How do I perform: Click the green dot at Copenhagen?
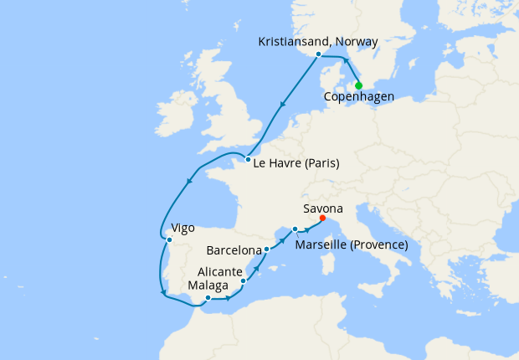pyautogui.click(x=358, y=85)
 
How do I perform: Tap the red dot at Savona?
pyautogui.click(x=323, y=220)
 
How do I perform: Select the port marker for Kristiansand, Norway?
pyautogui.click(x=318, y=54)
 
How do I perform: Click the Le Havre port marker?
pyautogui.click(x=248, y=159)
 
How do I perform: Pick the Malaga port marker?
pyautogui.click(x=208, y=297)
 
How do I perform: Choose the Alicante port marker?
pyautogui.click(x=243, y=281)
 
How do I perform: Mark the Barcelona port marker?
pyautogui.click(x=266, y=249)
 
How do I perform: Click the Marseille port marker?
pyautogui.click(x=295, y=229)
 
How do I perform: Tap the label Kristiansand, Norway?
pyautogui.click(x=318, y=41)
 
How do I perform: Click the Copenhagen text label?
pyautogui.click(x=359, y=97)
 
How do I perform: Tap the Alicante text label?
pyautogui.click(x=220, y=271)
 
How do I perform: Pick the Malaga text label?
pyautogui.click(x=208, y=285)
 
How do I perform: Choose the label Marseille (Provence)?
pyautogui.click(x=352, y=244)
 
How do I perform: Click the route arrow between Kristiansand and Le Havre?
pyautogui.click(x=284, y=105)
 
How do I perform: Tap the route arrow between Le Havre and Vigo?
pyautogui.click(x=188, y=181)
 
